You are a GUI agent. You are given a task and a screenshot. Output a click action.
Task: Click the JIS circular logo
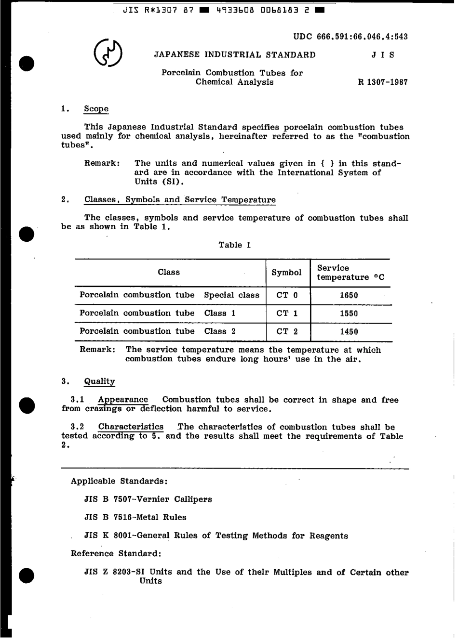(108, 53)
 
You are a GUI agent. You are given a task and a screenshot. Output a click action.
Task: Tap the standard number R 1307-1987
(382, 82)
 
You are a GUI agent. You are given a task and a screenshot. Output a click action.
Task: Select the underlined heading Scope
(96, 109)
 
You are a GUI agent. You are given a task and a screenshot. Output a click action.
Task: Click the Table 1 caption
(234, 245)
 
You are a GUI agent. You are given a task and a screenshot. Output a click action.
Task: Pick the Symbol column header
(286, 273)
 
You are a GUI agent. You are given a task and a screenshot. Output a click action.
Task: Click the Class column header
(168, 272)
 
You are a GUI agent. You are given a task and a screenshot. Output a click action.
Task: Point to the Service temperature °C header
(350, 273)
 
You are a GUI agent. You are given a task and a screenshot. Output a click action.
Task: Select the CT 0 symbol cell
(287, 295)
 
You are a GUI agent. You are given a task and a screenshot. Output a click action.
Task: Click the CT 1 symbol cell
(287, 313)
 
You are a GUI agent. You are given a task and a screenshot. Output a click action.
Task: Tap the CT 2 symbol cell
(287, 331)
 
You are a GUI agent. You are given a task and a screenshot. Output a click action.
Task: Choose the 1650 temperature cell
(349, 295)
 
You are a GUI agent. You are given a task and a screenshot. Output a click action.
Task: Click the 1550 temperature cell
(349, 313)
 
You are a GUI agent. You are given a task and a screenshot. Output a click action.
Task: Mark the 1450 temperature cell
(349, 331)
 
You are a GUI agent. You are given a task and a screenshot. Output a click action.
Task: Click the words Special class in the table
(231, 295)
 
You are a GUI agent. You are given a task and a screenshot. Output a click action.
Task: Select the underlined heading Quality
(99, 381)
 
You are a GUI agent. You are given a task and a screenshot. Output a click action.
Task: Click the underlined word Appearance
(123, 400)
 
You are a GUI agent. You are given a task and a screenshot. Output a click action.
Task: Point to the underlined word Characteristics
(131, 427)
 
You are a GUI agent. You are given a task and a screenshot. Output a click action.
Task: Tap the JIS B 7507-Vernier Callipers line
(148, 499)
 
